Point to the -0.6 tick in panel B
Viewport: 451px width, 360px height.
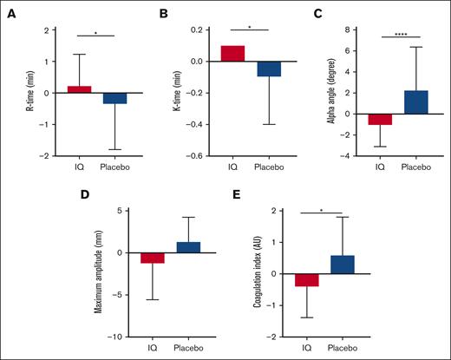199,156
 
